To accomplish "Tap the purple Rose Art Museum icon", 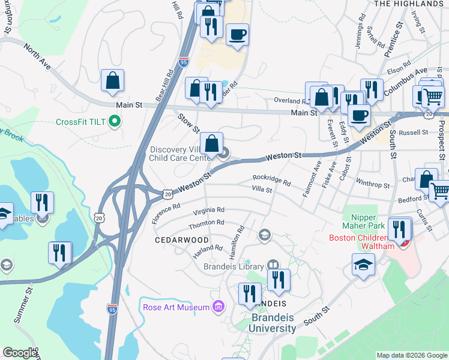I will click(x=218, y=307).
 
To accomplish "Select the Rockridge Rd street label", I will click(x=271, y=179).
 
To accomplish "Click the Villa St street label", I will click(x=262, y=190).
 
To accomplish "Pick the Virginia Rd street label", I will click(x=209, y=211).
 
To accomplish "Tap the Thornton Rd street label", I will click(x=206, y=223).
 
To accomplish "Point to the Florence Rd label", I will click(x=166, y=214).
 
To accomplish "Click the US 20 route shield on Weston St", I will click(x=167, y=194).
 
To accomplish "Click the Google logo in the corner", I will click(x=20, y=353).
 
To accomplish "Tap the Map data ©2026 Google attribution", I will click(x=412, y=356).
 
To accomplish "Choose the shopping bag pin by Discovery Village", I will click(x=211, y=144).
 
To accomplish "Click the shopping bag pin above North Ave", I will click(x=112, y=80).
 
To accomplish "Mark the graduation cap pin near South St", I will click(x=364, y=265).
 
